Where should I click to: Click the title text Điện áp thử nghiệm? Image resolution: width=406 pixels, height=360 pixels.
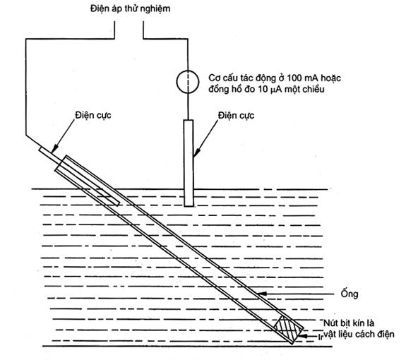coord(130,9)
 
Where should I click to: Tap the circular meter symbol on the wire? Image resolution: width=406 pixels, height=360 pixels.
coord(188,82)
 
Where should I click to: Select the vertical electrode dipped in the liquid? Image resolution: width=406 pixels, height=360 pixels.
coord(189,163)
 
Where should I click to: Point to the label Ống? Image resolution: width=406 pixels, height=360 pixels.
coord(350,294)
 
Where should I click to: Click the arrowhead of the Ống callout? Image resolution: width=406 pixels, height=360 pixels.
coord(261,294)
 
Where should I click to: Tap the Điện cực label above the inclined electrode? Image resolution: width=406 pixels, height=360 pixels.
coord(93,116)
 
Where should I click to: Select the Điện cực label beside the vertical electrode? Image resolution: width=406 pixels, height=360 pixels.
coord(236,116)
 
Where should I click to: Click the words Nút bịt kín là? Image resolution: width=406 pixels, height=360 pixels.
coord(349,323)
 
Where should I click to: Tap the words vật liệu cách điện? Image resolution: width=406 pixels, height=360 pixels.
coord(359,335)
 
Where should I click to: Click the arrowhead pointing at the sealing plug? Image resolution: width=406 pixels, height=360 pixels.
coord(302,336)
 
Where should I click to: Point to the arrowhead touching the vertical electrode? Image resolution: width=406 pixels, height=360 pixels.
coord(196,154)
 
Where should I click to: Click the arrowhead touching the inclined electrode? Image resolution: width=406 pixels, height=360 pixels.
coord(54,150)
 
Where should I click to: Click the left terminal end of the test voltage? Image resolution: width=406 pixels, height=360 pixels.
coord(114,22)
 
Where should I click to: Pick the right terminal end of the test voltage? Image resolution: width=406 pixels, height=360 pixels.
coord(143,22)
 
